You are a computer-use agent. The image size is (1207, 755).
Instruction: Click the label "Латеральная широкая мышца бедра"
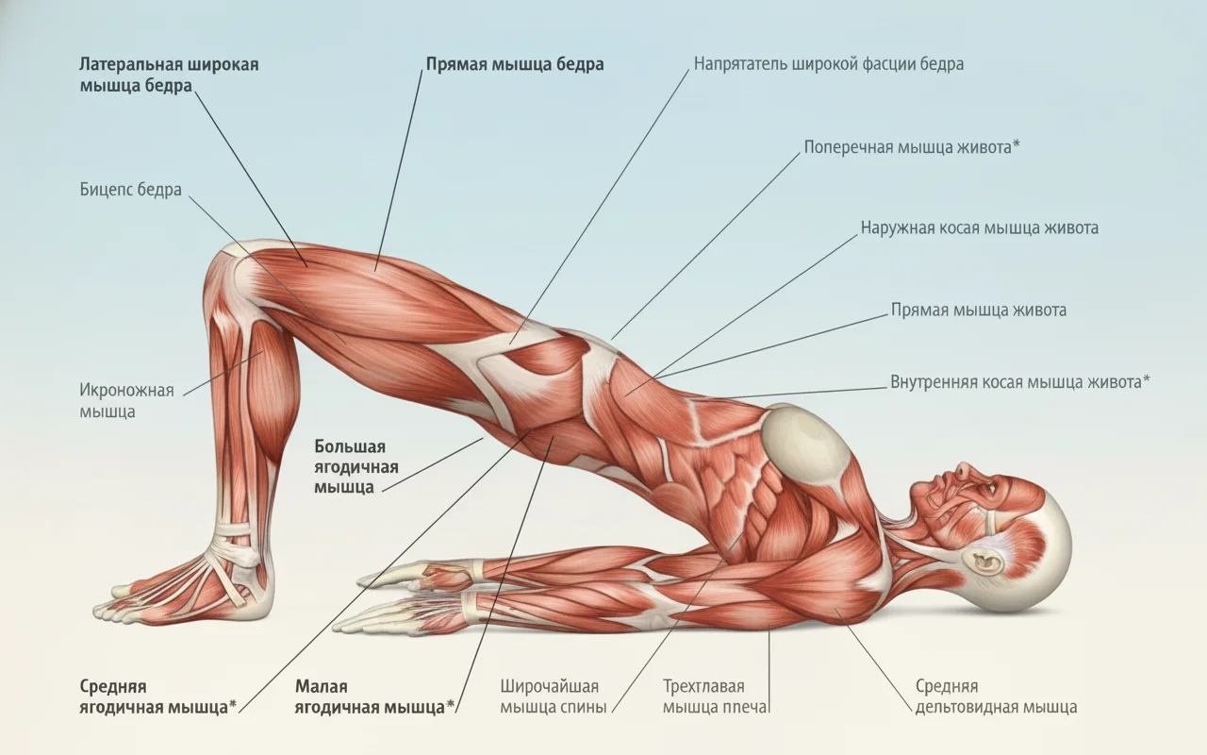coord(168,75)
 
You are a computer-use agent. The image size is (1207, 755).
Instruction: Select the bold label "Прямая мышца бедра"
coord(514,64)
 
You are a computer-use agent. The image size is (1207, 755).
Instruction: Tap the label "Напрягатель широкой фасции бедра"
coord(828,64)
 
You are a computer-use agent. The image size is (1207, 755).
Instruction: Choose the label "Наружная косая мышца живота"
coord(979,228)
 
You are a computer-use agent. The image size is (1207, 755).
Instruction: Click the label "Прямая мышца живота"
coord(979,310)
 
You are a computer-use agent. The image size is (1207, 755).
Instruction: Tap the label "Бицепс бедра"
coord(130,190)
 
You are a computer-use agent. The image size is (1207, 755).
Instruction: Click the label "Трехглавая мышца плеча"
coord(716,696)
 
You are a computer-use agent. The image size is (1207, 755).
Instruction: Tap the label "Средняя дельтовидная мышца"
coord(996,696)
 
